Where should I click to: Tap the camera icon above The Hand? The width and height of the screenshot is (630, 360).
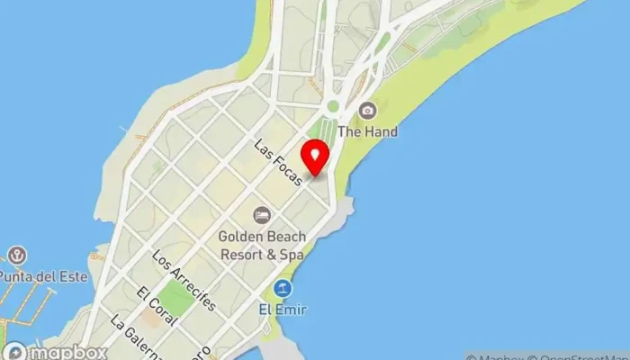pyautogui.click(x=367, y=111)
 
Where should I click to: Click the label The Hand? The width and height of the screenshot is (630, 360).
pyautogui.click(x=367, y=131)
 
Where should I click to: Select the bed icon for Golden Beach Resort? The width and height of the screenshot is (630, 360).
pyautogui.click(x=261, y=214)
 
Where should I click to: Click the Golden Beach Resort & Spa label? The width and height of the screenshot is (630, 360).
pyautogui.click(x=261, y=244)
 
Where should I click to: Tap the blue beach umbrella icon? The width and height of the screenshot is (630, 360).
pyautogui.click(x=283, y=289)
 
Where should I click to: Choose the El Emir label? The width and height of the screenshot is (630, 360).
pyautogui.click(x=283, y=310)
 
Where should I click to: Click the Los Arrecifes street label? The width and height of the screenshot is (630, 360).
pyautogui.click(x=184, y=280)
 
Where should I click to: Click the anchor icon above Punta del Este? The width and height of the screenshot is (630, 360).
pyautogui.click(x=18, y=256)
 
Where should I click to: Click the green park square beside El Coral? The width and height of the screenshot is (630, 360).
pyautogui.click(x=181, y=299)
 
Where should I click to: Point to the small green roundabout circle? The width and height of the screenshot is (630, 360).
pyautogui.click(x=333, y=106)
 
